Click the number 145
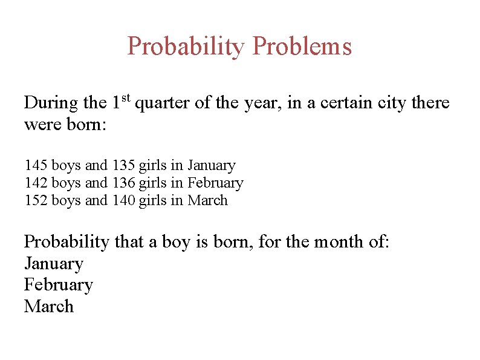coord(36,165)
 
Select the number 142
coord(36,183)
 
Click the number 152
coord(36,200)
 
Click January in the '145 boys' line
coord(211,165)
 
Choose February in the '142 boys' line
coord(215,183)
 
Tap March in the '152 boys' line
coord(207,200)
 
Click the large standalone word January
coord(53,264)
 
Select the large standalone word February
coord(58,285)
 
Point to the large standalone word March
coord(48,306)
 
